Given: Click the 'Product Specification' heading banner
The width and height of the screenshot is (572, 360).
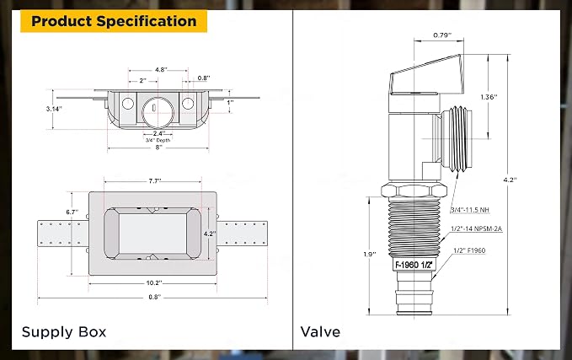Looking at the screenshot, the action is [x=114, y=21].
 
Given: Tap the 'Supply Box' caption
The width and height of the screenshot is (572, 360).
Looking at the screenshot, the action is [x=64, y=332].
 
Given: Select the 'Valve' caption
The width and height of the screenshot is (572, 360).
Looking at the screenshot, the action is [x=320, y=332].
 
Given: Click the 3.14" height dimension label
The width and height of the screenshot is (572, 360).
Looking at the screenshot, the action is [x=54, y=109].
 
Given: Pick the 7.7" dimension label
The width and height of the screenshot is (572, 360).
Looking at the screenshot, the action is [x=155, y=180].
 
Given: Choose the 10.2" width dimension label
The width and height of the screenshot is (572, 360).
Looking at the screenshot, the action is [x=154, y=283].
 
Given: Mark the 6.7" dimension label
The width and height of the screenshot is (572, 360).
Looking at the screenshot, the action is [x=72, y=212].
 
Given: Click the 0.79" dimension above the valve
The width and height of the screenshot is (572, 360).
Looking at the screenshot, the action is [x=442, y=35].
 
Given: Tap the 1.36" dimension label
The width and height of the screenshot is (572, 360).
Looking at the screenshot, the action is [x=489, y=97].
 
